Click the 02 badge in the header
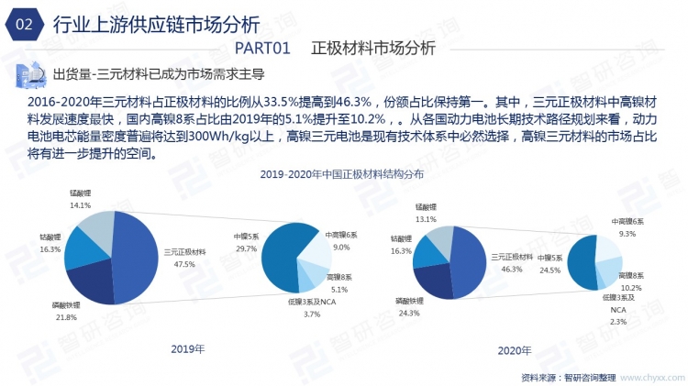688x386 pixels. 25,24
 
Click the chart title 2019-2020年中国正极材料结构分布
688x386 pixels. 341,173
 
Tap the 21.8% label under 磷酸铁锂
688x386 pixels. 67,317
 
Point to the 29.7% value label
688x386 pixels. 246,249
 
